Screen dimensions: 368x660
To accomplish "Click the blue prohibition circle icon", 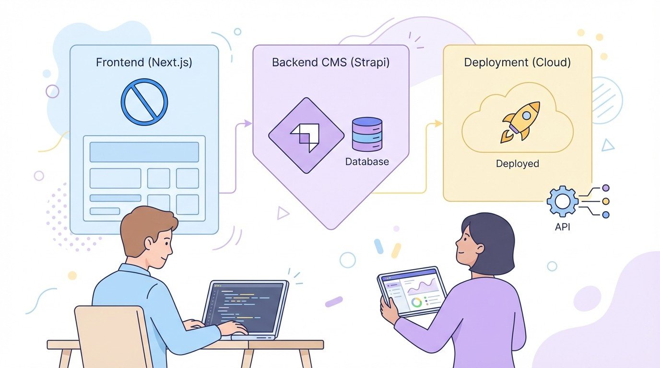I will click(x=144, y=102).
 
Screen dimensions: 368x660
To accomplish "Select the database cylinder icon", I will click(x=367, y=135).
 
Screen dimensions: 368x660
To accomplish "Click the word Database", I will click(x=367, y=162).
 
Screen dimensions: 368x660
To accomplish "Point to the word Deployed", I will click(x=518, y=164).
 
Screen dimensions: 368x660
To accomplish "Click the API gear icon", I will click(x=563, y=202).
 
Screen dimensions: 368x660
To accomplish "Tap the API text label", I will click(x=562, y=227).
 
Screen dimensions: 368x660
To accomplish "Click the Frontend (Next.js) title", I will click(x=144, y=63).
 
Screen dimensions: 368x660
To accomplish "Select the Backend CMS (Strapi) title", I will click(x=330, y=63).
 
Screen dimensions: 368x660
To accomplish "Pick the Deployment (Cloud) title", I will click(x=518, y=63).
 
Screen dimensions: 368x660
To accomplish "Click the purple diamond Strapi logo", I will click(x=306, y=135).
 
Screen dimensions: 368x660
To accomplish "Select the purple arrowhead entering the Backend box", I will click(x=248, y=123).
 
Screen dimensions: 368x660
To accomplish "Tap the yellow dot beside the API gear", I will click(x=605, y=201).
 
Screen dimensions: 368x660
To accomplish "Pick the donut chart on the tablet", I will click(x=417, y=302).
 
